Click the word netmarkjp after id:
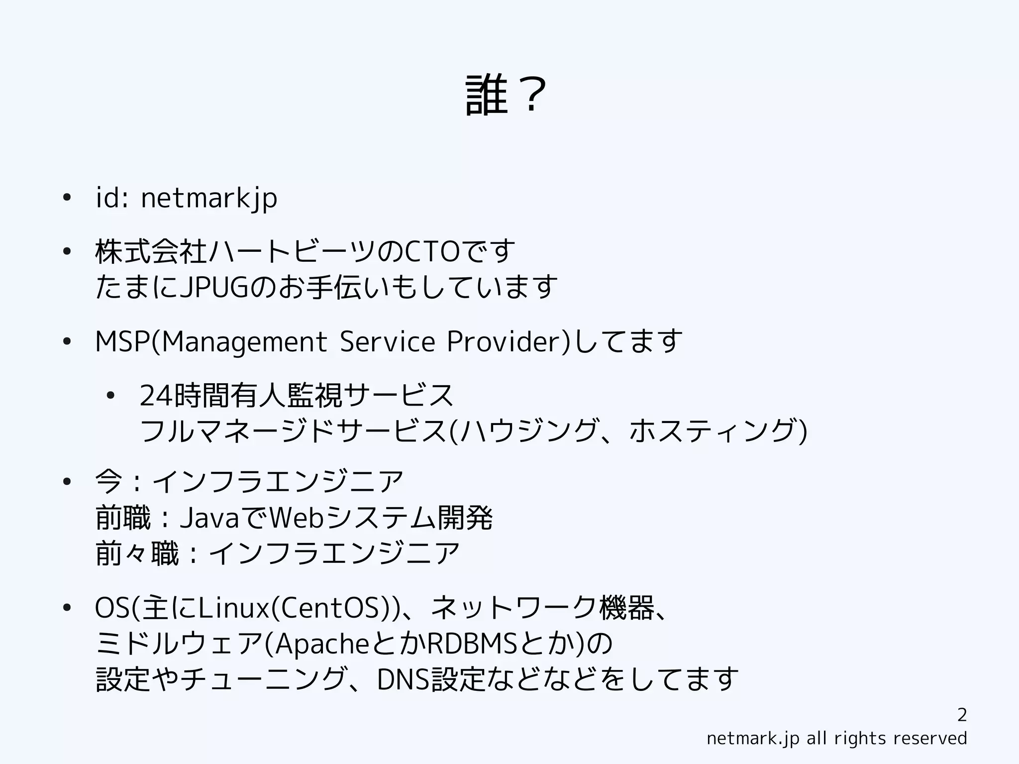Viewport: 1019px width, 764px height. click(209, 198)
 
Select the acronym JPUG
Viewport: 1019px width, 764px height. click(213, 287)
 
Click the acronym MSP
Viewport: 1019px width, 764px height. click(122, 342)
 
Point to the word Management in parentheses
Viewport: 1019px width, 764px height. click(244, 342)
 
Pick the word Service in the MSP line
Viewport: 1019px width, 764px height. click(387, 342)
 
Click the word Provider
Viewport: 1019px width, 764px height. click(505, 342)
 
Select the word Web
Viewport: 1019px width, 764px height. click(297, 518)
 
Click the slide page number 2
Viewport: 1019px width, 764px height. click(962, 715)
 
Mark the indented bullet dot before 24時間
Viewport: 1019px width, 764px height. click(110, 396)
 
